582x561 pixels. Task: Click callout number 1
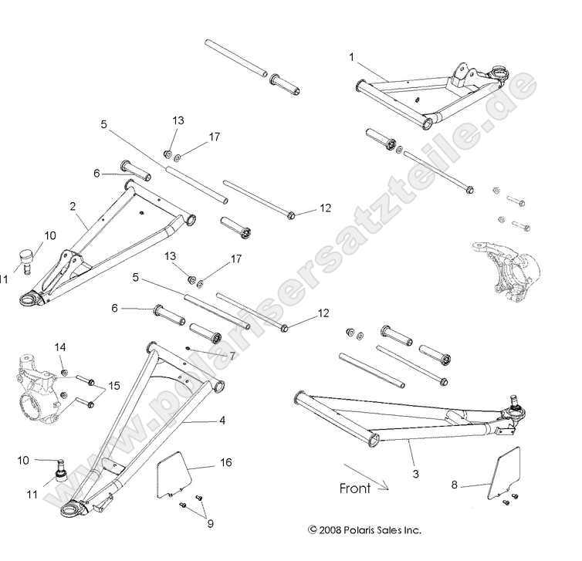(352, 57)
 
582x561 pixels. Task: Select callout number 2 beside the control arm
(72, 207)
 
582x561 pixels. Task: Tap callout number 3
(415, 474)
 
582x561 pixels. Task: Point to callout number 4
(222, 421)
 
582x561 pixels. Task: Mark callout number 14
(60, 347)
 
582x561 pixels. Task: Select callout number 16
(225, 462)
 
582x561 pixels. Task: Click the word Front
(355, 488)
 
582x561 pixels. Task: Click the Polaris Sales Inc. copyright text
(364, 530)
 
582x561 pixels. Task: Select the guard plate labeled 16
(173, 475)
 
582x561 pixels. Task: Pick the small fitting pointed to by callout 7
(189, 348)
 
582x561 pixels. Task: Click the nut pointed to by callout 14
(66, 373)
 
